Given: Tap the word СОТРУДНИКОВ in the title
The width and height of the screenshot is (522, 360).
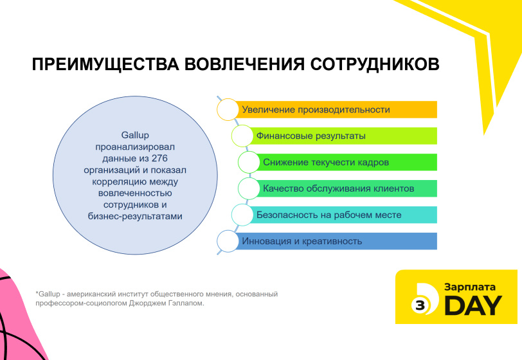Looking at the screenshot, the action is click(x=375, y=64).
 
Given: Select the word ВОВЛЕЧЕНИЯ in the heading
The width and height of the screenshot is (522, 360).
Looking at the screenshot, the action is click(x=245, y=64).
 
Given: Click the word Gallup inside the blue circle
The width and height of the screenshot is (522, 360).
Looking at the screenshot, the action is click(x=135, y=135).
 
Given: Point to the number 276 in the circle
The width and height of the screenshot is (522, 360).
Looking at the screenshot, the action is click(x=159, y=158).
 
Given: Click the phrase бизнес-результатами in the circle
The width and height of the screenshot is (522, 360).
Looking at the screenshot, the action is click(x=135, y=216).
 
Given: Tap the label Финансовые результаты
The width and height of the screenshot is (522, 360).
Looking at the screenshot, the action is click(x=311, y=136).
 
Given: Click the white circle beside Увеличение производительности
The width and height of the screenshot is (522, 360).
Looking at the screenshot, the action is click(x=228, y=109).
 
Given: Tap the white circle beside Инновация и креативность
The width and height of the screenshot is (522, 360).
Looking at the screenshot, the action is click(x=228, y=241).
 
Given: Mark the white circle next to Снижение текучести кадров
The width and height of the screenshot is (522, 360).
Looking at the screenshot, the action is click(x=249, y=162).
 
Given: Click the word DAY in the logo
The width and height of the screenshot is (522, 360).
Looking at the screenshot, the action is click(x=473, y=305).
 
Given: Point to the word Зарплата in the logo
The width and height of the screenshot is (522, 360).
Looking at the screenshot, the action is click(x=470, y=287).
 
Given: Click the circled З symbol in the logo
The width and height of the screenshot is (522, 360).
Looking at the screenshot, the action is click(x=420, y=305).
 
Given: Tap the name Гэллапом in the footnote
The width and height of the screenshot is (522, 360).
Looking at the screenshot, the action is click(x=188, y=303).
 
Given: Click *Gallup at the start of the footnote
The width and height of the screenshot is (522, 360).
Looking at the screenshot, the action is click(x=48, y=294).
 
